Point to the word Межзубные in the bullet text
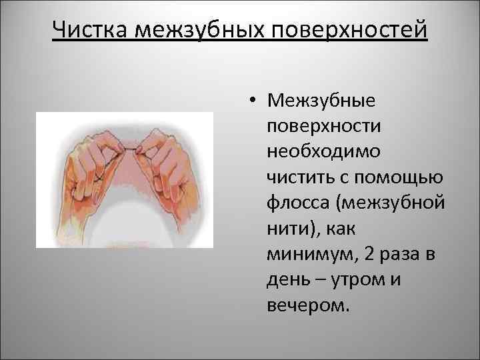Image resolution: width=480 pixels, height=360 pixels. point(321,101)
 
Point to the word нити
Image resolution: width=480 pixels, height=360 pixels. point(285,227)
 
